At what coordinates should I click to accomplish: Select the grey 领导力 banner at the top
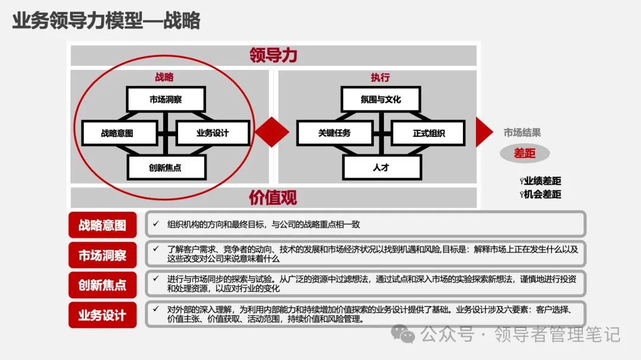click(274, 55)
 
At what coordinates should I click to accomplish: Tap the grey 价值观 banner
click(274, 197)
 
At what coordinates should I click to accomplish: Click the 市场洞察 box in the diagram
click(166, 99)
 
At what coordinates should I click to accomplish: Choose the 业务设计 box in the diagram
click(212, 133)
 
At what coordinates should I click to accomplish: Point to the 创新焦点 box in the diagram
click(166, 167)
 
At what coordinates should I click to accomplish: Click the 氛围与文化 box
click(380, 99)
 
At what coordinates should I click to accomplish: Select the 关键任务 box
click(334, 133)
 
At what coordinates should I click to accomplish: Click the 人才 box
click(380, 167)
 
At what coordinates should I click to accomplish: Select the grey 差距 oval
click(525, 154)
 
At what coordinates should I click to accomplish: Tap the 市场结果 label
click(522, 133)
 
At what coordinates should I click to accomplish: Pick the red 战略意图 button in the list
click(103, 225)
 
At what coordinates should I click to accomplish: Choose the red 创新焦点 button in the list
click(103, 285)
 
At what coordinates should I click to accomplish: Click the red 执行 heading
click(380, 78)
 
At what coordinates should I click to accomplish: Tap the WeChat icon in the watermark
click(407, 335)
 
